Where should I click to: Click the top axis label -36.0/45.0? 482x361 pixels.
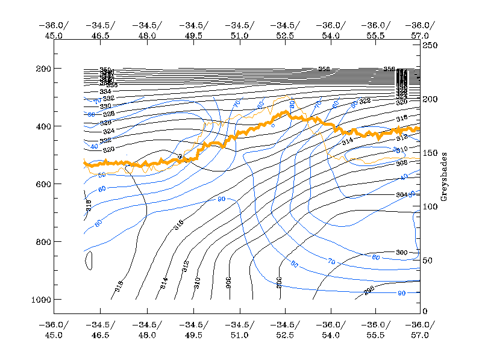point(54,30)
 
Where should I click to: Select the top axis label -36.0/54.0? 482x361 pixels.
point(331,30)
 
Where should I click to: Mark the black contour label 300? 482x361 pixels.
point(402,252)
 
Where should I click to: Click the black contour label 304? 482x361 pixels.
point(402,195)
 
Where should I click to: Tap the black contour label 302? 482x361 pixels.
point(280,282)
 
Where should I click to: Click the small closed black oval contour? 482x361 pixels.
point(89,261)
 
